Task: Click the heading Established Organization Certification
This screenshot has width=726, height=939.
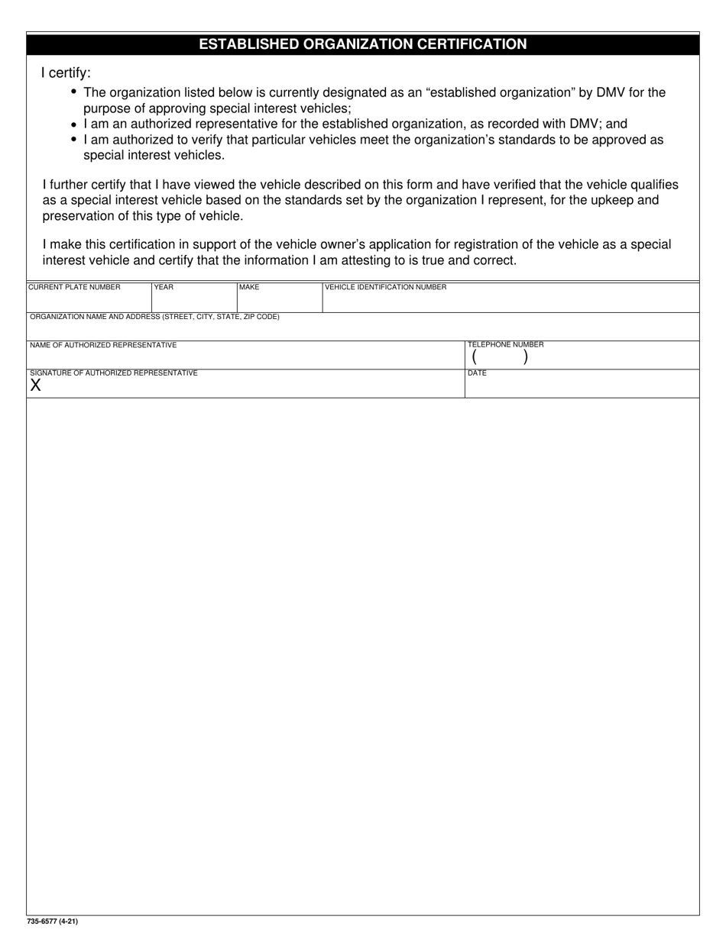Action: click(363, 44)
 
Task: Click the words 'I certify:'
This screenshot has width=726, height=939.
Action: click(66, 73)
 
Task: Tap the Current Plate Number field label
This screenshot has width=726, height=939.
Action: click(74, 288)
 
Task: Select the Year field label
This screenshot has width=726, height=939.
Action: click(164, 288)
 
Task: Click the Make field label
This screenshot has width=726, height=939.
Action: click(249, 288)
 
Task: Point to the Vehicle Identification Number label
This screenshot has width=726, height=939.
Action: click(385, 288)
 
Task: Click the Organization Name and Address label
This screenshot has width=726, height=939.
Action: click(154, 317)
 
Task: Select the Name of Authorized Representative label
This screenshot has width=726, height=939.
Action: click(103, 345)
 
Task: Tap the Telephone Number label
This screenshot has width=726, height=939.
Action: click(505, 345)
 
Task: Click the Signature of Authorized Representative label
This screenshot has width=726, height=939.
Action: click(113, 373)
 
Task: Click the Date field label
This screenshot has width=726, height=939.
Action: click(477, 373)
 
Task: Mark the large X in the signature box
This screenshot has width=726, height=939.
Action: click(36, 386)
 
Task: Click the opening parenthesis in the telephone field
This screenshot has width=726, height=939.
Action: click(474, 357)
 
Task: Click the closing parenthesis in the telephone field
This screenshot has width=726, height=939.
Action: click(526, 357)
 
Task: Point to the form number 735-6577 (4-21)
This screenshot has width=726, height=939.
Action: click(52, 921)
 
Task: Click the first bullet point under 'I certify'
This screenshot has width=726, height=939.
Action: click(73, 92)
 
